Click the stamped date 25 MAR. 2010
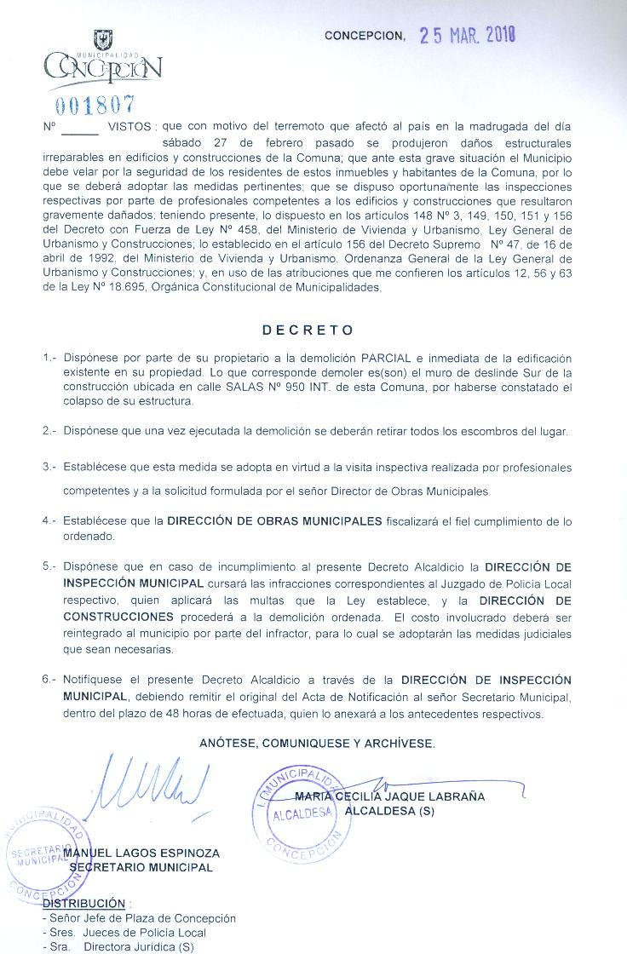468,35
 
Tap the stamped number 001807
95,105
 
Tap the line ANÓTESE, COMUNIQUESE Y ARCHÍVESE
317,743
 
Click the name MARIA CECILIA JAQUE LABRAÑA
389,797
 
